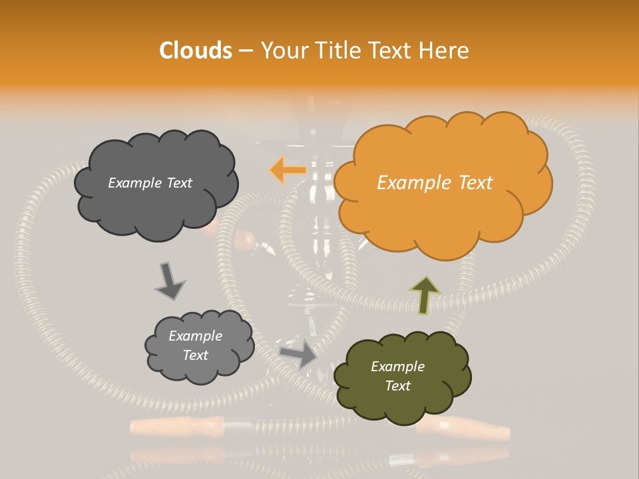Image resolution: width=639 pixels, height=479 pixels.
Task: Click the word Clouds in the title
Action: (x=196, y=51)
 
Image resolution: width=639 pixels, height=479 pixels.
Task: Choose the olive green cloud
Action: (x=402, y=376)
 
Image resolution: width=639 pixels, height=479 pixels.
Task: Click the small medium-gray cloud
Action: (x=199, y=346)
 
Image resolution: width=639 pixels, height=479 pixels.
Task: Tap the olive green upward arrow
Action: (x=425, y=295)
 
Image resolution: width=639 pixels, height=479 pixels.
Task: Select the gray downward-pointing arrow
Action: (x=169, y=280)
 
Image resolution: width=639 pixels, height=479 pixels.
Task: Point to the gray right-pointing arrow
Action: (x=298, y=353)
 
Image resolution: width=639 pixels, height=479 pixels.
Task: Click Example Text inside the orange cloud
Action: (x=435, y=183)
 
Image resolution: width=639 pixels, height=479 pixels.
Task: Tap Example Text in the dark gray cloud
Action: (x=150, y=183)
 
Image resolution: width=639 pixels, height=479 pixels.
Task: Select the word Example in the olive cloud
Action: (x=397, y=367)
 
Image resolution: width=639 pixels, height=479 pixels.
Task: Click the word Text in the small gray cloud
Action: (x=195, y=355)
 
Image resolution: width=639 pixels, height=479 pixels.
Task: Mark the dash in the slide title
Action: (x=245, y=51)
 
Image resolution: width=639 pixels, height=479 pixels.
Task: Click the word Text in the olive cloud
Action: (x=397, y=386)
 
